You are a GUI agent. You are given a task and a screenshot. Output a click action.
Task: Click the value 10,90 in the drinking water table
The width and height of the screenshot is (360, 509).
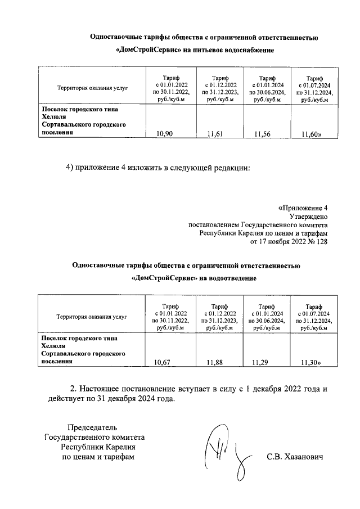[164, 133]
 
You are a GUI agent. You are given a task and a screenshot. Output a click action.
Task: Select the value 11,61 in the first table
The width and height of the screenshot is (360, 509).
[215, 133]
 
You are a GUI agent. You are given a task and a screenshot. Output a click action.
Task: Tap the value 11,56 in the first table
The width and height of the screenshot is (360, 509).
[263, 133]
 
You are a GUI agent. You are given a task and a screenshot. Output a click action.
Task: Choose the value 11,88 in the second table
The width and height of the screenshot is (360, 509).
[215, 362]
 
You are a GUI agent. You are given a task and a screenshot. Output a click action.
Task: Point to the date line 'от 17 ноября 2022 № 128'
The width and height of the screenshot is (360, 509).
[289, 242]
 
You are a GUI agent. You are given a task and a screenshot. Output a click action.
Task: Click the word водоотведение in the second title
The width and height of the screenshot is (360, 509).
[230, 278]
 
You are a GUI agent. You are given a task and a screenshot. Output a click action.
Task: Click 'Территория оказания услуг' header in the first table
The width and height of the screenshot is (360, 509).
[92, 88]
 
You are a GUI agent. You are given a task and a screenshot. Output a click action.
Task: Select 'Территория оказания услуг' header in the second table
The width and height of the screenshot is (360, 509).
[92, 317]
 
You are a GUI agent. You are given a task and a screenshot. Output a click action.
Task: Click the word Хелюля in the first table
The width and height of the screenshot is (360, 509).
[53, 116]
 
